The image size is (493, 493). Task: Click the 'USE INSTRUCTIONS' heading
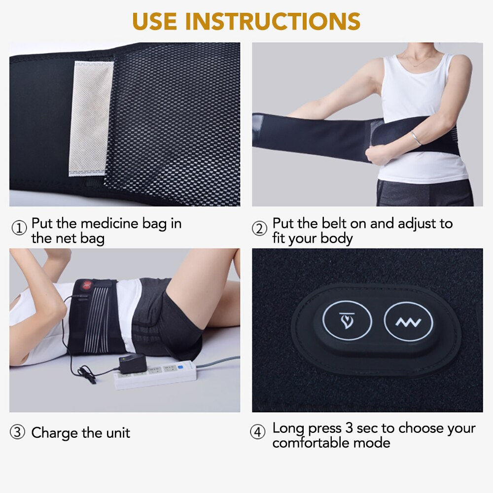pyautogui.click(x=246, y=21)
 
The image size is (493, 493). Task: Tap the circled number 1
pyautogui.click(x=19, y=228)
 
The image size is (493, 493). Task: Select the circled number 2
pyautogui.click(x=259, y=228)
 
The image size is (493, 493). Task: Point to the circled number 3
pyautogui.click(x=18, y=433)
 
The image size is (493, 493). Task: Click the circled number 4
pyautogui.click(x=258, y=432)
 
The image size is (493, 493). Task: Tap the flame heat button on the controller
pyautogui.click(x=347, y=323)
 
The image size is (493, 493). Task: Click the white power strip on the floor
pyautogui.click(x=156, y=374)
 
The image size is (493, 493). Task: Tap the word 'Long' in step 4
pyautogui.click(x=288, y=428)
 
